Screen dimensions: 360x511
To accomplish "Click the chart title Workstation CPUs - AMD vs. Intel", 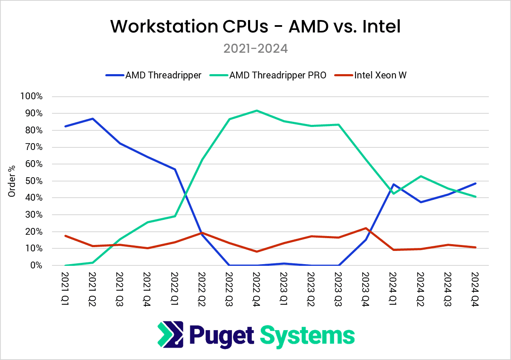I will pyautogui.click(x=255, y=26).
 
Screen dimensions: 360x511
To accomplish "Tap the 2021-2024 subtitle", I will pyautogui.click(x=255, y=49).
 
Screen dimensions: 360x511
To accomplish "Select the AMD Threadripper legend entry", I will pyautogui.click(x=163, y=75).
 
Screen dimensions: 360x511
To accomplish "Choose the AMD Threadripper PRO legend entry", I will pyautogui.click(x=278, y=75).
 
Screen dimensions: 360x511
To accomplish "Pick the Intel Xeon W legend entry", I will pyautogui.click(x=380, y=75).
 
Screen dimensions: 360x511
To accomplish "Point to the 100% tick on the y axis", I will pyautogui.click(x=32, y=96).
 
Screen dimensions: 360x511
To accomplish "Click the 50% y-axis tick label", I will pyautogui.click(x=33, y=181).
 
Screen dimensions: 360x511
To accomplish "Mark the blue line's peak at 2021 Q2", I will pyautogui.click(x=92, y=118).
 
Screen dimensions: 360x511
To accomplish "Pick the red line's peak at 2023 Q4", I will pyautogui.click(x=366, y=228).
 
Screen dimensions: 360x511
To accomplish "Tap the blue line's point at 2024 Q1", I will pyautogui.click(x=393, y=184).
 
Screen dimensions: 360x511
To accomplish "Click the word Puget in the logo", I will pyautogui.click(x=222, y=335).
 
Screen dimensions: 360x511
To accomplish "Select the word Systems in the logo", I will pyautogui.click(x=307, y=335).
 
